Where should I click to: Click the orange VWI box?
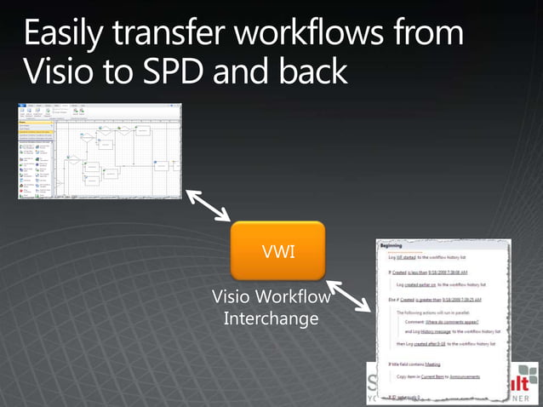click(x=278, y=250)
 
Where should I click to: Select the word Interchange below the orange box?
click(x=270, y=318)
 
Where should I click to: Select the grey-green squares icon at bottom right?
click(x=528, y=374)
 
